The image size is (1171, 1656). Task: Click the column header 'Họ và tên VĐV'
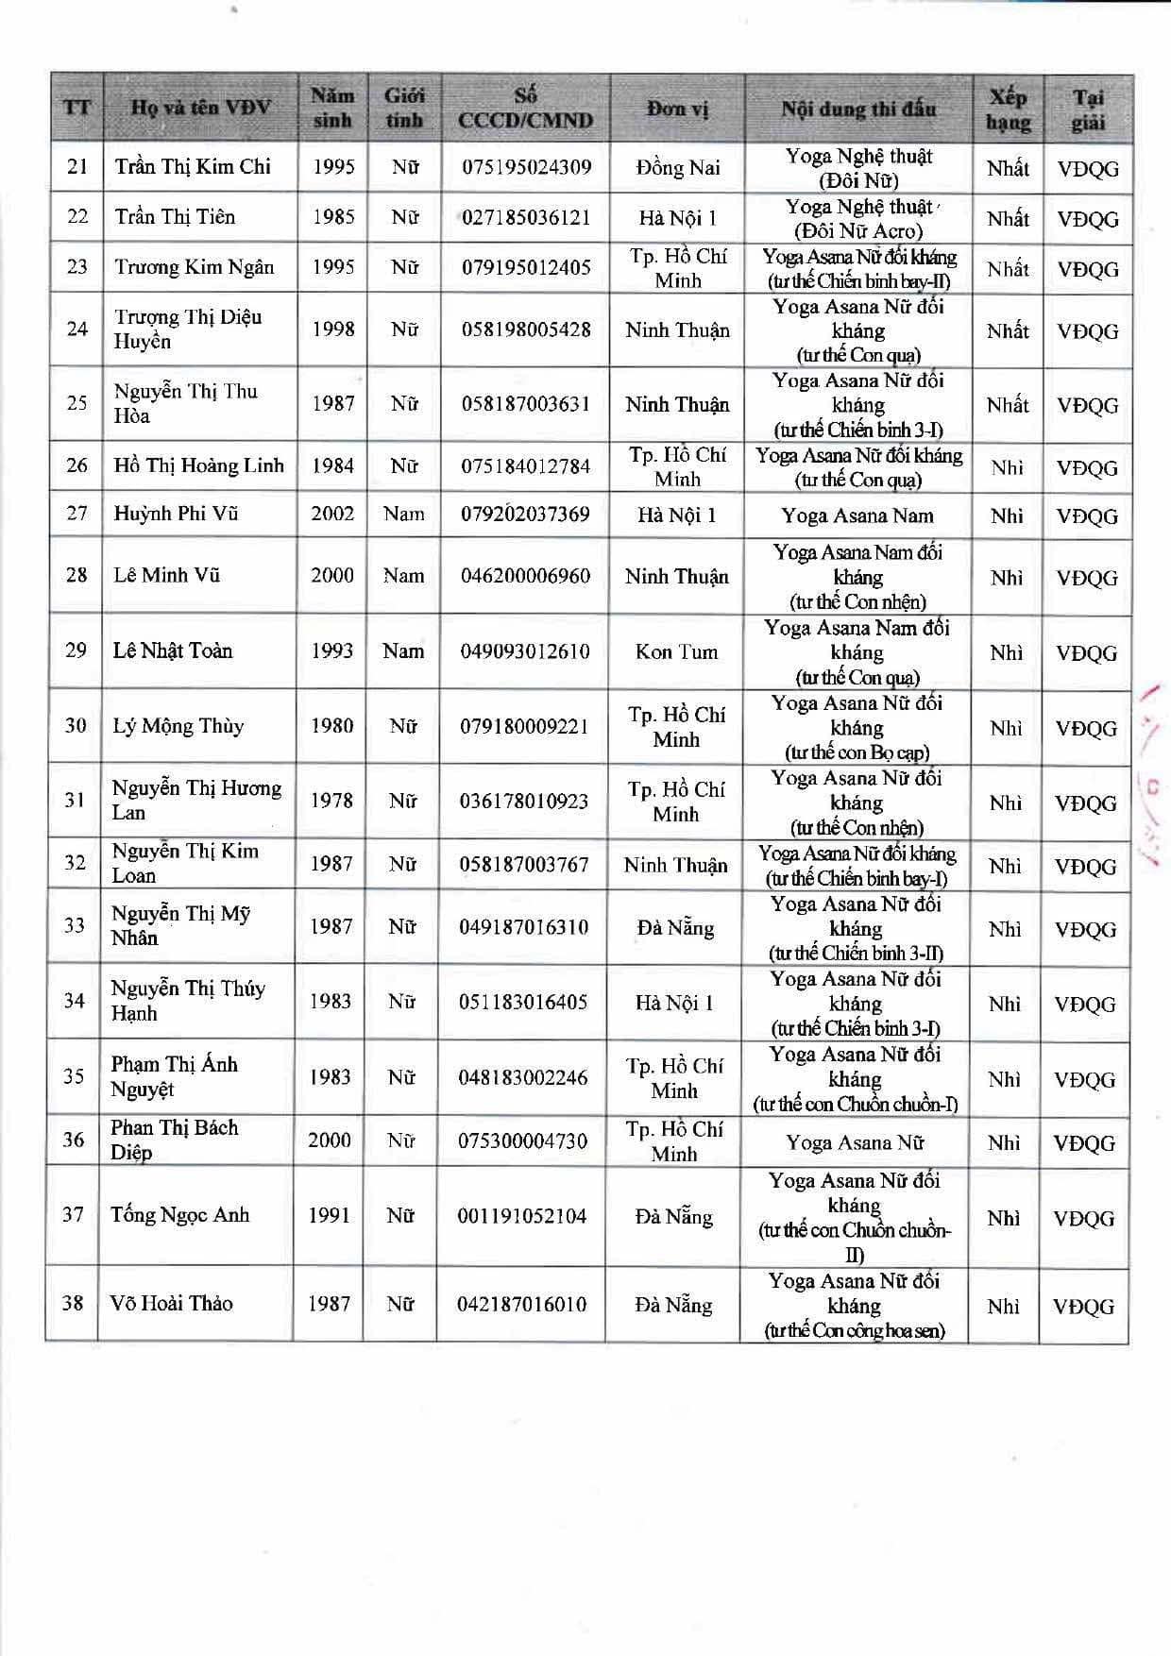(200, 108)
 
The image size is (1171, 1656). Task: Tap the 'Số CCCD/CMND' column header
(525, 108)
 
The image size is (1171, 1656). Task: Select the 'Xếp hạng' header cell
(1008, 110)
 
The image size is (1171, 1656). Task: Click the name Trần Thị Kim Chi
(193, 167)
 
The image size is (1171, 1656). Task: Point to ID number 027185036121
(526, 217)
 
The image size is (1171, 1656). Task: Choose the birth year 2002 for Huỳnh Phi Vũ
(332, 514)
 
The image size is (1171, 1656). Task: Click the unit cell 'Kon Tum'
(676, 651)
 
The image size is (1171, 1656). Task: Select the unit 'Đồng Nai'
(678, 168)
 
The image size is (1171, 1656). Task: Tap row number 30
(76, 725)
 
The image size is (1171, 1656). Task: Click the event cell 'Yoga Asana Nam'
(857, 515)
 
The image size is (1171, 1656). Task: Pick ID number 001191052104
(522, 1216)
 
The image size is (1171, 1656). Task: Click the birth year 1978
(331, 801)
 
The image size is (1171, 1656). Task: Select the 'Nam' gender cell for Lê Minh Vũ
(403, 576)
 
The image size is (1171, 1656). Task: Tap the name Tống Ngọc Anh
(179, 1215)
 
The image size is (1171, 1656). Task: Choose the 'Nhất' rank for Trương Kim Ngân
(1008, 269)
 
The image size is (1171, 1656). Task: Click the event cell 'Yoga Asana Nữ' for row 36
(855, 1142)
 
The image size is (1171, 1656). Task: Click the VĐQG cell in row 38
(1084, 1307)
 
